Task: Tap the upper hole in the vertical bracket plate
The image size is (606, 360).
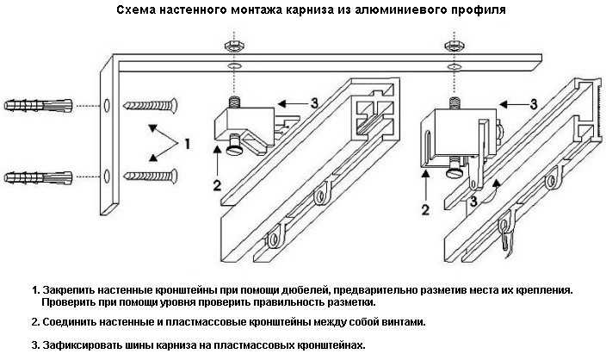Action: [107, 106]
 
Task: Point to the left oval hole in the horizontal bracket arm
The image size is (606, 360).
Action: [232, 66]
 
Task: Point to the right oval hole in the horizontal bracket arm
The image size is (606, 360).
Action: [450, 66]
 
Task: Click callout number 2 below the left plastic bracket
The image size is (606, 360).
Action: [217, 184]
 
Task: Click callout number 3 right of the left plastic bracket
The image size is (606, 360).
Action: [315, 102]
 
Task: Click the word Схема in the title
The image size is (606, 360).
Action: [134, 11]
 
